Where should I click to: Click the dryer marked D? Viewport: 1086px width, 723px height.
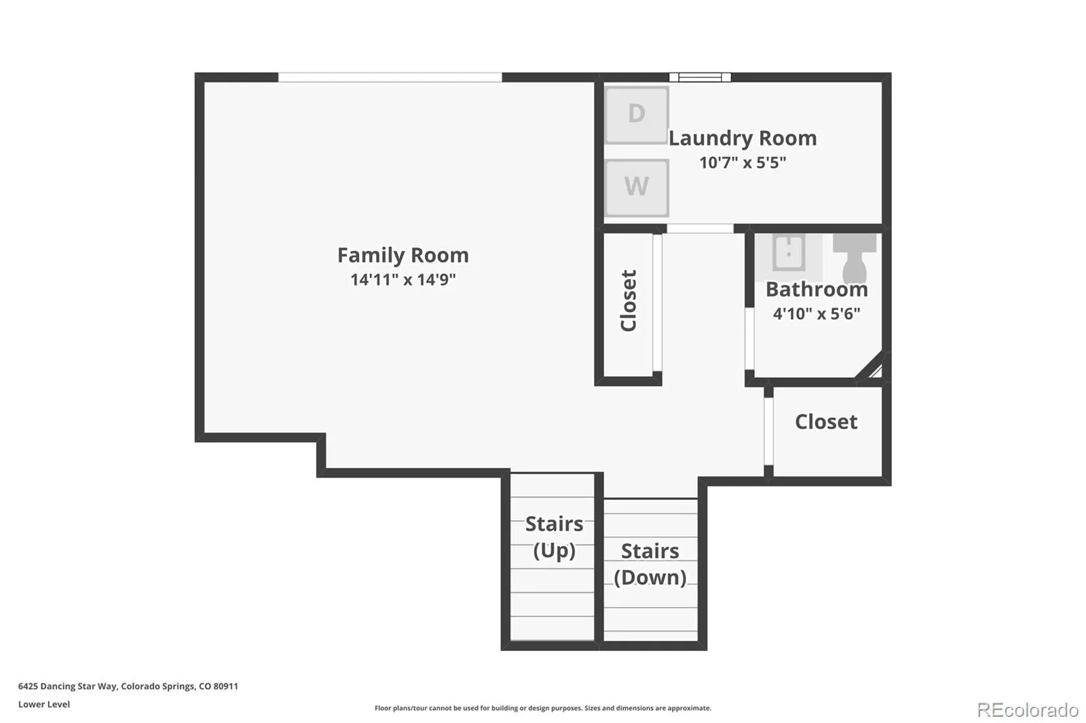637,115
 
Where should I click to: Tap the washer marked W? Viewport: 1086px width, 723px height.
637,188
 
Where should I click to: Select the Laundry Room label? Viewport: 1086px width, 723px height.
743,138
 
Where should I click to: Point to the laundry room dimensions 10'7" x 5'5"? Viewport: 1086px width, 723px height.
743,163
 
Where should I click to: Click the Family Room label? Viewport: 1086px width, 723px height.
403,256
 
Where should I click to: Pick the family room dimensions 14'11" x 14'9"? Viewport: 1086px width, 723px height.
403,279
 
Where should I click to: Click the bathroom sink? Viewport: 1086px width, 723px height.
788,252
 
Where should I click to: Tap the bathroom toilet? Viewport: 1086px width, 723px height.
855,258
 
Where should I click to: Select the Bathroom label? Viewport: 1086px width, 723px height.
817,290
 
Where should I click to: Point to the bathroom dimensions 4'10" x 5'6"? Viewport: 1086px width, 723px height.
817,314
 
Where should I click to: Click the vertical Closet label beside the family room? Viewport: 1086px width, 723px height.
629,300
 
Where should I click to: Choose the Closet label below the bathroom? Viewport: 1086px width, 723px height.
826,422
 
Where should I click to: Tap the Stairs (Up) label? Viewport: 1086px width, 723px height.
554,537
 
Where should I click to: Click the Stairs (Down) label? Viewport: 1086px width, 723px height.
650,564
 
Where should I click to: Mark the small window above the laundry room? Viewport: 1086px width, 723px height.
700,77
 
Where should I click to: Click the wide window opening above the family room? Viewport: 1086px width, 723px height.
390,77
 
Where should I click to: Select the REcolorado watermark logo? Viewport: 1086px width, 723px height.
1028,710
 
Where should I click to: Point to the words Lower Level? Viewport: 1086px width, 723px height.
44,705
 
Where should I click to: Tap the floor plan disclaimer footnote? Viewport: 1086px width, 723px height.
543,708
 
